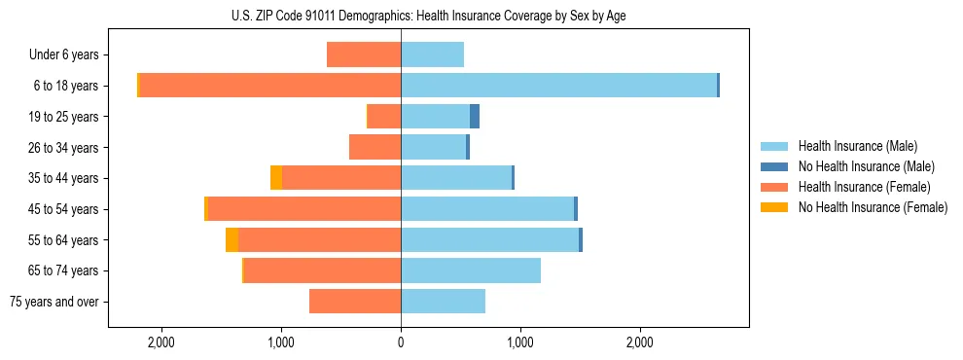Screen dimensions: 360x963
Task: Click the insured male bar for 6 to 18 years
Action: [558, 86]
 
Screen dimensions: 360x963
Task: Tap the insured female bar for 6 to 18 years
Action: [270, 86]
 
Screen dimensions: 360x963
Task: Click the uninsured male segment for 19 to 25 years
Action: [475, 117]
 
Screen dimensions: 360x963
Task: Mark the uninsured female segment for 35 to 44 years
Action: [276, 178]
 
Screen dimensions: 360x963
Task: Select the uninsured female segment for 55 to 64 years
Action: [232, 240]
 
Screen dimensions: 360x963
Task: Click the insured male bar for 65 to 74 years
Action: [471, 270]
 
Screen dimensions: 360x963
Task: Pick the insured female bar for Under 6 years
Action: [364, 55]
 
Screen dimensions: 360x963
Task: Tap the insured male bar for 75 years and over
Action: [443, 302]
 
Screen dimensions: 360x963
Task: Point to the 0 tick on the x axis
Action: [401, 342]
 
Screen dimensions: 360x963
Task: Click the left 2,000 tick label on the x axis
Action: [160, 342]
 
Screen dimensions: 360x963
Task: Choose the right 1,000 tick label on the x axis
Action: [520, 342]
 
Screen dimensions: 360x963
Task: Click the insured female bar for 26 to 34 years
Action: [375, 148]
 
